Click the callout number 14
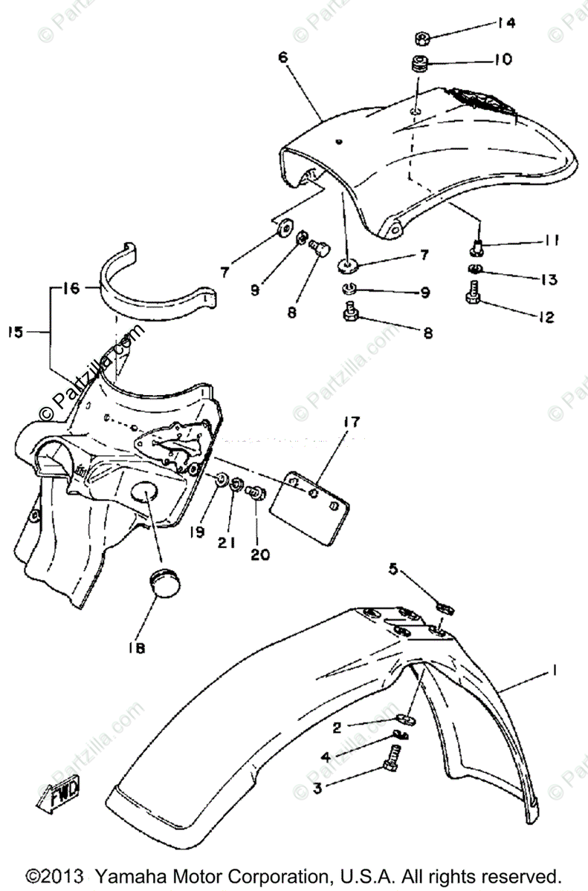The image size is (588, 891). click(x=505, y=23)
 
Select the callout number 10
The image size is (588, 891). click(x=503, y=59)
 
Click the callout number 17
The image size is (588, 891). click(x=352, y=423)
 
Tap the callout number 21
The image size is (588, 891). click(x=227, y=543)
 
